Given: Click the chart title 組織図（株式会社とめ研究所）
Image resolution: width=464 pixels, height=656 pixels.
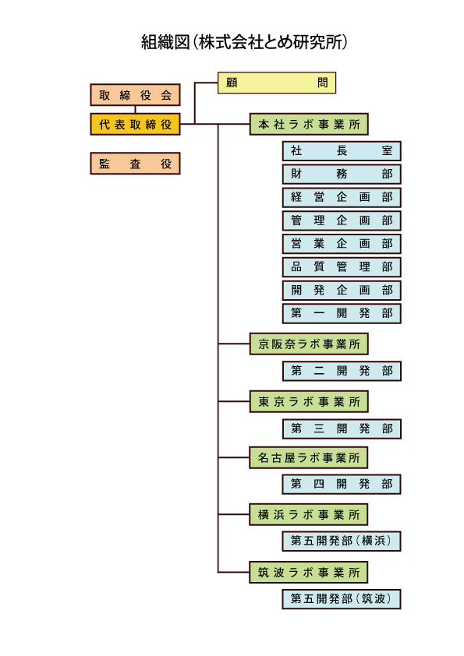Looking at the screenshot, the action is coord(244,42).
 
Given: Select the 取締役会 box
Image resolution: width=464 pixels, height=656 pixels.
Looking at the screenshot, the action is coord(135,95).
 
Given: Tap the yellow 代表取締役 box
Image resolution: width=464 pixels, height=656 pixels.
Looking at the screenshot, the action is coord(135,124).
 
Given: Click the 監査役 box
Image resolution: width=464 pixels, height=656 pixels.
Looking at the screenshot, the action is coord(135,164).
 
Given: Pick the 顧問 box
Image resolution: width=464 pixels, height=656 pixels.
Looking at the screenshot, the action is coord(277,83).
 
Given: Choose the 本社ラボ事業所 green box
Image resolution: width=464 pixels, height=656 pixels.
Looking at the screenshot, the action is coord(309,124).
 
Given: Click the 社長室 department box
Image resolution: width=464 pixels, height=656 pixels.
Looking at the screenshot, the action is coord(342,151).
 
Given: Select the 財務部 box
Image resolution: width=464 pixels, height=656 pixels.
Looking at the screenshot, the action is coord(342,174).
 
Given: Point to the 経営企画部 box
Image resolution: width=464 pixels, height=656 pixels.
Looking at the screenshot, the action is coord(342,197).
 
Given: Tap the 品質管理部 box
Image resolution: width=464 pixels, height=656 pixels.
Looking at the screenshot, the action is coord(342,267).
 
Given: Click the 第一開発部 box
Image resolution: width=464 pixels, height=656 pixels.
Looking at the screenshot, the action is coord(342,313).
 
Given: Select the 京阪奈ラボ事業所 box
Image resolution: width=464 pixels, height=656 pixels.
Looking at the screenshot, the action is coord(309,344).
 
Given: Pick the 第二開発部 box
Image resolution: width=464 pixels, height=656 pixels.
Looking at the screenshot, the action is coord(342,371).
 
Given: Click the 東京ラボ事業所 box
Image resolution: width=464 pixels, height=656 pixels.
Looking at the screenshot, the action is coord(309,402).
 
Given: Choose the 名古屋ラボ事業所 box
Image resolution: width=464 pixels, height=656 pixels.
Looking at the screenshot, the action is coord(309,457).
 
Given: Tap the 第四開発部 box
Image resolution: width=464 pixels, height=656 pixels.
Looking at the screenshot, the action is coord(342,484).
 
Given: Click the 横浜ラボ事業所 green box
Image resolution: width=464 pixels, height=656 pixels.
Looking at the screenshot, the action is coord(309,514).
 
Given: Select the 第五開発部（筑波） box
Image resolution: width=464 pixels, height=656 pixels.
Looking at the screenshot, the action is coord(342,599).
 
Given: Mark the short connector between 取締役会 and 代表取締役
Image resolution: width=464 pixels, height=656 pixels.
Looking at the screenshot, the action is coord(135,110).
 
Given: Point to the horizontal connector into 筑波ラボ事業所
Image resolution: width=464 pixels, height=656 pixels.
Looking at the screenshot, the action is coord(234,572).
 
